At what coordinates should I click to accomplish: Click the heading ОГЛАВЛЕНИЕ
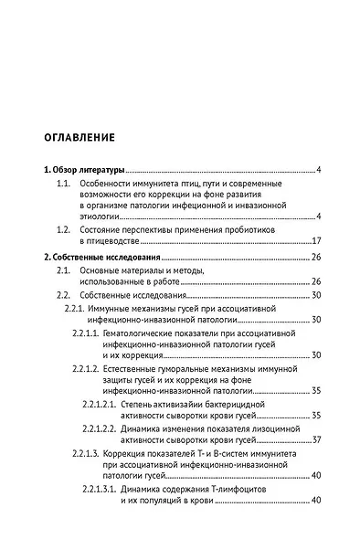point(79,139)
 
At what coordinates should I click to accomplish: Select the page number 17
point(315,240)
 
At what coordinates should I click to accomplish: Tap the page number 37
point(315,439)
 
